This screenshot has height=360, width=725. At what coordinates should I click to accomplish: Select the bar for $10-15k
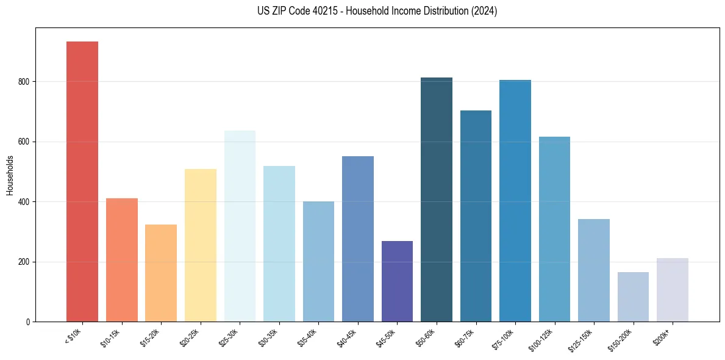pos(121,260)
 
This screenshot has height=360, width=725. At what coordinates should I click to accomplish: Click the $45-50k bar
pos(397,281)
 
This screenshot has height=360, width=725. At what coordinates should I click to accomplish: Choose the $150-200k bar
pos(633,297)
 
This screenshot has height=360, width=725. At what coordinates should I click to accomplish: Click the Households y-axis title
pos(10,175)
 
